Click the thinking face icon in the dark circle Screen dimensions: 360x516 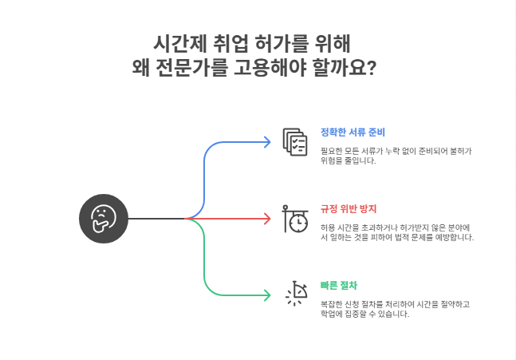[x=104, y=218]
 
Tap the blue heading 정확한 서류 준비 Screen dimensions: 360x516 [x=353, y=133]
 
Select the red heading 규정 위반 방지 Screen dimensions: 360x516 [x=348, y=208]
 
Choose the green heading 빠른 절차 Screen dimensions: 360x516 [x=338, y=285]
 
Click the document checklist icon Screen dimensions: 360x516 [x=295, y=142]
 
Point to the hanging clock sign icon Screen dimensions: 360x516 [x=295, y=218]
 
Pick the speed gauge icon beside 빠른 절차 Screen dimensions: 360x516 [x=296, y=295]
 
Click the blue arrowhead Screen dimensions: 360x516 [x=267, y=142]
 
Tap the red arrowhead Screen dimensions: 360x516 [x=267, y=218]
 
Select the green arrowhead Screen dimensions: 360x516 [x=267, y=295]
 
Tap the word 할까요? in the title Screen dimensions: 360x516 [x=349, y=69]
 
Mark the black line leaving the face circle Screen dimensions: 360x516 [x=156, y=218]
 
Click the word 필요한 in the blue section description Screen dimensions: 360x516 [x=331, y=149]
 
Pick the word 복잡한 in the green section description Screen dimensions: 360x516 [x=331, y=305]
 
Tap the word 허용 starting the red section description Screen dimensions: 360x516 [x=328, y=227]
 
